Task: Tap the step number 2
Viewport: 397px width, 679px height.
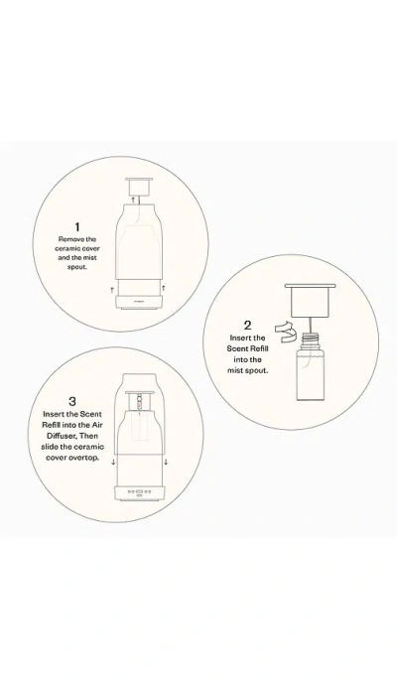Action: click(247, 325)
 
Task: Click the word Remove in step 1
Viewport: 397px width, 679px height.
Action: click(67, 239)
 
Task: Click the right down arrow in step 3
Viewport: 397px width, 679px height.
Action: click(165, 462)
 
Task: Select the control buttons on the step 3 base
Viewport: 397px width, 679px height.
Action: click(139, 490)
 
